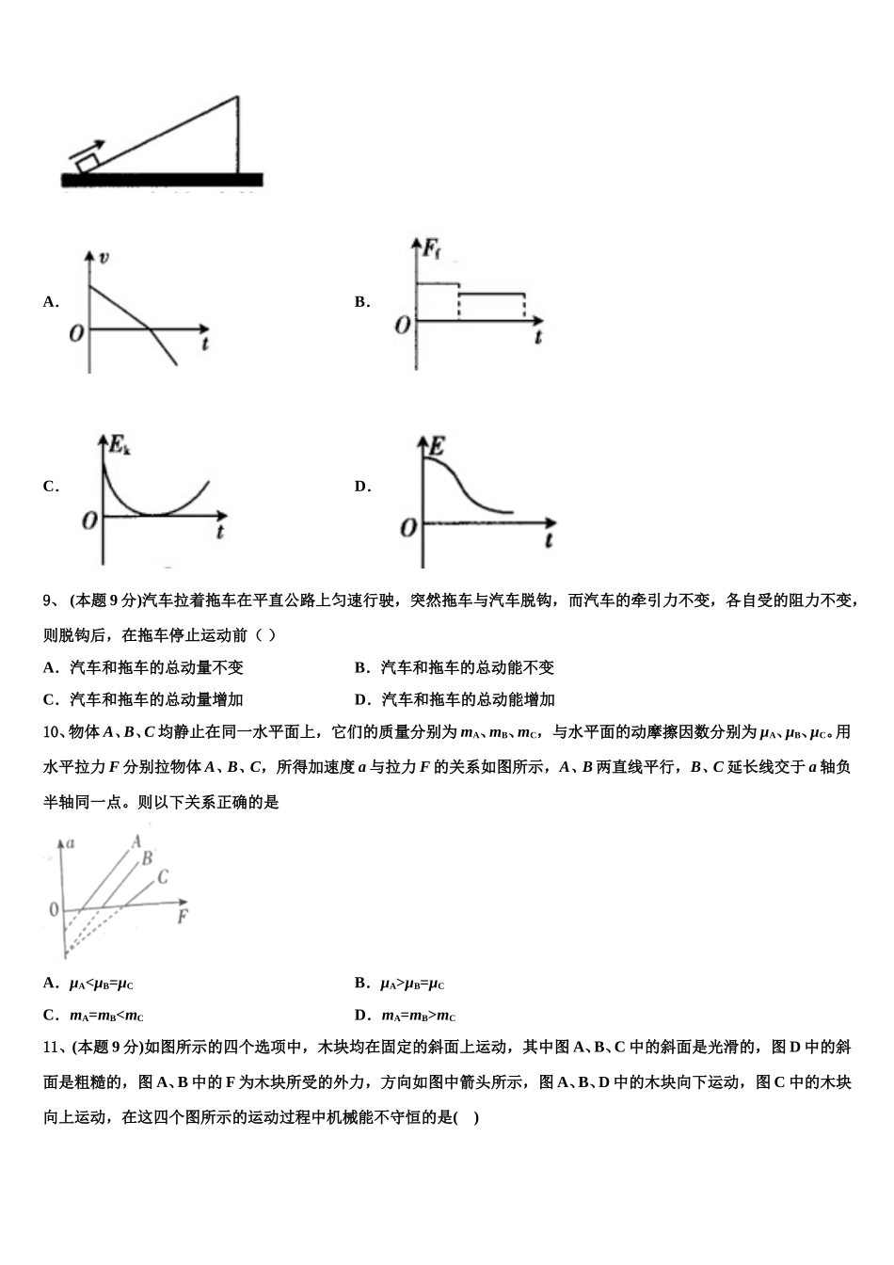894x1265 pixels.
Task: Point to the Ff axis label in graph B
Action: pyautogui.click(x=431, y=249)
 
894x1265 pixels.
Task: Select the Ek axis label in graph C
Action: pyautogui.click(x=120, y=445)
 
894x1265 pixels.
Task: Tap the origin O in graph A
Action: pyautogui.click(x=76, y=332)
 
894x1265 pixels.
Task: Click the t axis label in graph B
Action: pyautogui.click(x=537, y=336)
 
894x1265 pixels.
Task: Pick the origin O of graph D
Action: pyautogui.click(x=408, y=528)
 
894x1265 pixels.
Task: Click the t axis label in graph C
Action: pyautogui.click(x=219, y=532)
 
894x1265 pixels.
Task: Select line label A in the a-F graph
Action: pyautogui.click(x=136, y=841)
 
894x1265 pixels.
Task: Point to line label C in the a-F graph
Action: pyautogui.click(x=162, y=877)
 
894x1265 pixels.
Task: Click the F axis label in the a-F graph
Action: pyautogui.click(x=183, y=915)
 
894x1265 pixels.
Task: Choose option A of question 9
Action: pyautogui.click(x=143, y=667)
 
